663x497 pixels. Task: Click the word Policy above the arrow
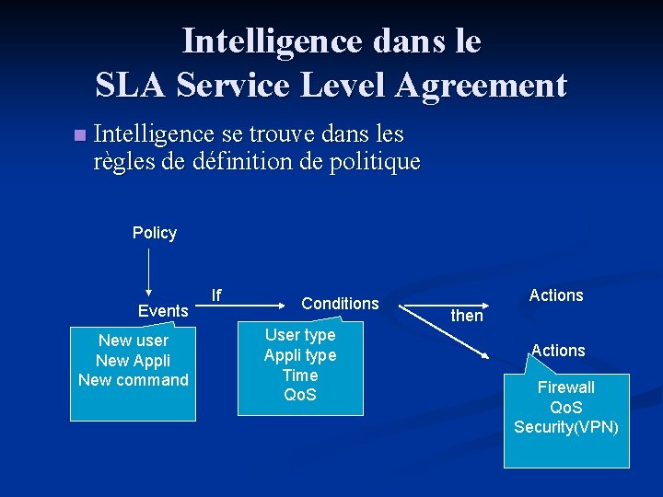click(155, 233)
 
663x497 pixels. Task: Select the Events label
click(163, 311)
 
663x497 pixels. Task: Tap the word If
click(216, 295)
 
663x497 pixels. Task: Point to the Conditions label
click(340, 304)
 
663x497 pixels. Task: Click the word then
click(467, 316)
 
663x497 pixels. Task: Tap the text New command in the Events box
click(134, 380)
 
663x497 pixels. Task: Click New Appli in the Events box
click(134, 361)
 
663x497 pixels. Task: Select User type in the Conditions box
click(300, 335)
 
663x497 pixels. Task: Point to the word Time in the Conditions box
click(300, 376)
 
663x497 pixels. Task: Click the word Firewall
click(566, 387)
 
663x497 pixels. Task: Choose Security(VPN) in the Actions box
click(566, 427)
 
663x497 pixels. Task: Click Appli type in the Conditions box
click(300, 355)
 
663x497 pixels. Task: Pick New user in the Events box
click(134, 341)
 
